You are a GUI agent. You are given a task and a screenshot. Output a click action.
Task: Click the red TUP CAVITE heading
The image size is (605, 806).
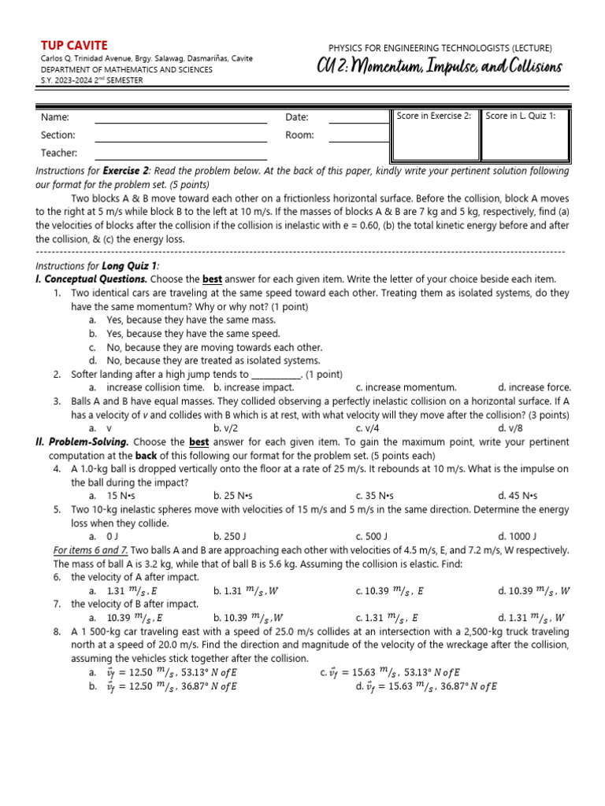(x=73, y=46)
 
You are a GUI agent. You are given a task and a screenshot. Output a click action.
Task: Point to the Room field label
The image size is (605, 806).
(x=299, y=135)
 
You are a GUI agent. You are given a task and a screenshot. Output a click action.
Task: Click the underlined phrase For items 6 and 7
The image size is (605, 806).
(x=90, y=550)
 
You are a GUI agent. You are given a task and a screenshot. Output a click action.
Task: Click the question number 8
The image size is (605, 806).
(x=58, y=632)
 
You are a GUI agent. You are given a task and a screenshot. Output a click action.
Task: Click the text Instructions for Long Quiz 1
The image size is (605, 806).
(x=98, y=266)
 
